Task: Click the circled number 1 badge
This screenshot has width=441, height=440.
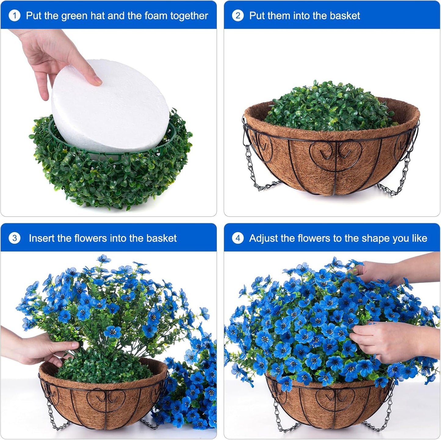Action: coord(14,16)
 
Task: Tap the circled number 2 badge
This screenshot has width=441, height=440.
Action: coord(238,16)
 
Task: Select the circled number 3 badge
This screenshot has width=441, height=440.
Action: coord(14,238)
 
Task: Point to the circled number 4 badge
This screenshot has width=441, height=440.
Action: coord(238,238)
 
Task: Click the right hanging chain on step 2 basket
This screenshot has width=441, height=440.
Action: coord(403,174)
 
